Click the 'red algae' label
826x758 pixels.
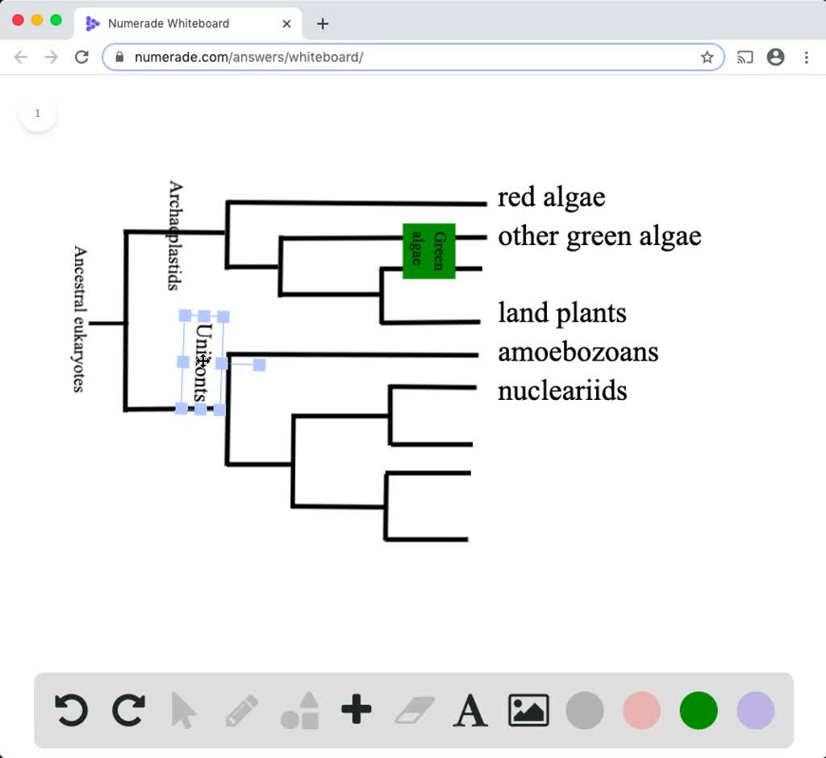click(551, 198)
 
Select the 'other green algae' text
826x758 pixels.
click(599, 236)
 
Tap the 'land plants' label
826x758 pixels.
click(561, 313)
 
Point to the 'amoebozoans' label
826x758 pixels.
click(578, 352)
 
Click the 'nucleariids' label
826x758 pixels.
click(562, 391)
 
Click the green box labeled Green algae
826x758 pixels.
click(429, 251)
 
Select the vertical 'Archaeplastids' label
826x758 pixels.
click(174, 235)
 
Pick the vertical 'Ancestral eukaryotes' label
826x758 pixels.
click(79, 319)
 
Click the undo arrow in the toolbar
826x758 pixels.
click(71, 710)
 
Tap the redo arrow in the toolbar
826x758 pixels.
click(127, 710)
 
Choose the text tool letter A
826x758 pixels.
click(470, 710)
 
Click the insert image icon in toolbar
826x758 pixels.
click(528, 710)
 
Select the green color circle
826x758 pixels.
click(699, 710)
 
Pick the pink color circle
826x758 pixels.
click(642, 710)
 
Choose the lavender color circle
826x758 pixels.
click(756, 710)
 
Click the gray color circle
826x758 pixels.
click(585, 710)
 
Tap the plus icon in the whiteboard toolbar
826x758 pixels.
click(356, 710)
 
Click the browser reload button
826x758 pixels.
click(81, 57)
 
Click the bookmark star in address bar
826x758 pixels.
click(707, 57)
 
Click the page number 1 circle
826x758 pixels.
click(37, 114)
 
